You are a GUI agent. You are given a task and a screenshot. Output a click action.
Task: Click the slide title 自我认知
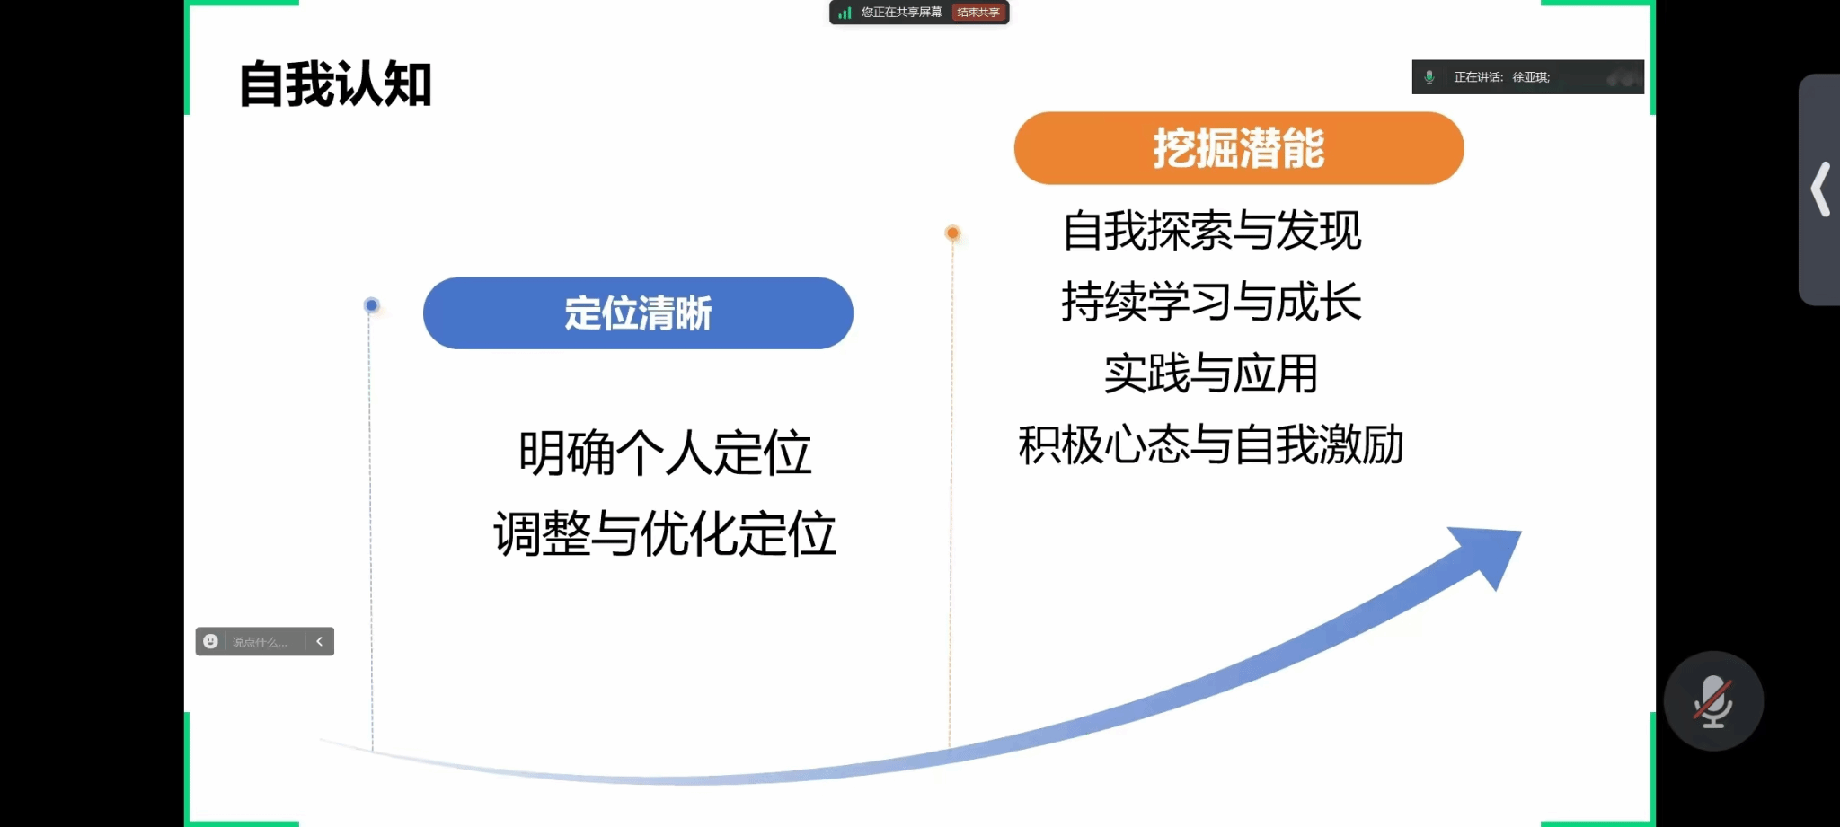[x=335, y=84]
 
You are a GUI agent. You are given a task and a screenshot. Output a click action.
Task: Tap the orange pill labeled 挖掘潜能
[x=1239, y=148]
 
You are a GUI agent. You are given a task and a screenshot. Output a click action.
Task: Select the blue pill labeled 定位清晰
[x=638, y=313]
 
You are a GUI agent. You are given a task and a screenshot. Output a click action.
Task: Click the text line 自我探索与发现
[x=1212, y=231]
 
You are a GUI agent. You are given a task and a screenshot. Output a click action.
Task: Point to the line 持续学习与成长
[x=1211, y=302]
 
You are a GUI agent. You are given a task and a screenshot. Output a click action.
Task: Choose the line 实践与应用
[x=1211, y=374]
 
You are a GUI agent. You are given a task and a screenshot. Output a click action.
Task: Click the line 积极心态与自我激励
[x=1211, y=444]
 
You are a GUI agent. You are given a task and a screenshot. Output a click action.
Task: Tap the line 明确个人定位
[x=665, y=453]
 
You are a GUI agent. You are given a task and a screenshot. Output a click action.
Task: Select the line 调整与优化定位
[x=665, y=533]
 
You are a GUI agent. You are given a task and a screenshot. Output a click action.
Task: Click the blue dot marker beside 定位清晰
[x=371, y=305]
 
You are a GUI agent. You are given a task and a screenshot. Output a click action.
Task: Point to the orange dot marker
[x=952, y=233]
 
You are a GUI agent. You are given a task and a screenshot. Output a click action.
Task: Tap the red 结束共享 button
[x=978, y=13]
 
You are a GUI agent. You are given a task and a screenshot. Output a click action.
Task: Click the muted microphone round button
[x=1713, y=701]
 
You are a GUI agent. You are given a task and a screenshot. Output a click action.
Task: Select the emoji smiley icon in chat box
[x=210, y=641]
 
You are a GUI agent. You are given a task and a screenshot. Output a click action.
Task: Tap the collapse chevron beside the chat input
[x=319, y=641]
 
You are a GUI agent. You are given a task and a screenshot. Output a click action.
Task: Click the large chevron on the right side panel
[x=1821, y=189]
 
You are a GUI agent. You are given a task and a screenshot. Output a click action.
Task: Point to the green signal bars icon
[x=845, y=13]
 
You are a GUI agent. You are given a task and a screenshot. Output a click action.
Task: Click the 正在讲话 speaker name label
[x=1502, y=77]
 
